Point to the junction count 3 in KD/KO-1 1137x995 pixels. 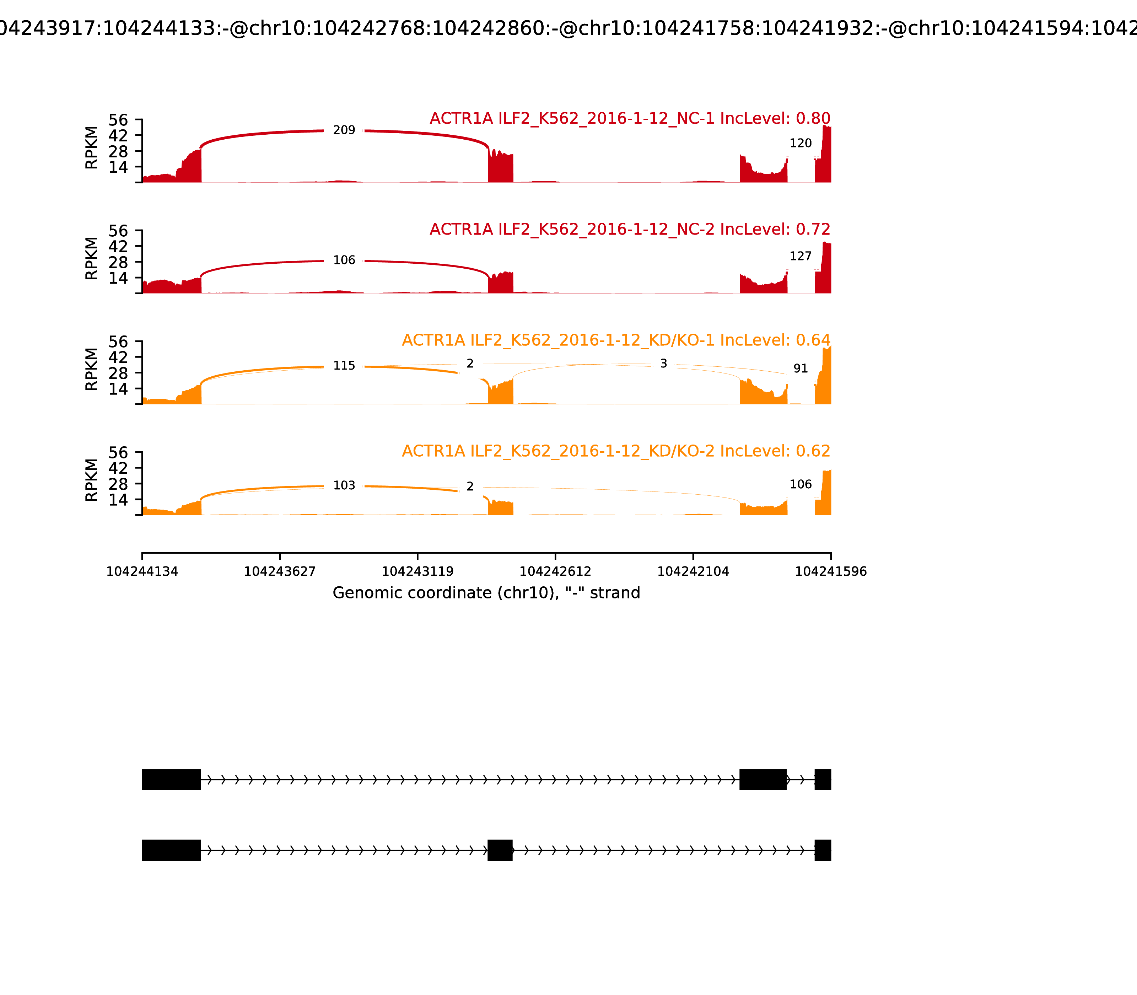click(663, 364)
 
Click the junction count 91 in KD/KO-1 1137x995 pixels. click(801, 369)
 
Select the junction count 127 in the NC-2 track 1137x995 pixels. click(801, 257)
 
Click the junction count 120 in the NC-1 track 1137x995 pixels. click(801, 143)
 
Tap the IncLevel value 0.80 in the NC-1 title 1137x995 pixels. click(813, 118)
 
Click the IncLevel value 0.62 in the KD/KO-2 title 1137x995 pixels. click(813, 451)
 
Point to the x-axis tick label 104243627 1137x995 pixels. click(280, 572)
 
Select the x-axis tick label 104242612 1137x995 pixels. click(555, 572)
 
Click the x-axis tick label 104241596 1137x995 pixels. click(831, 572)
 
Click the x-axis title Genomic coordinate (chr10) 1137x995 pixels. click(486, 593)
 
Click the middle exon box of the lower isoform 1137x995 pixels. click(500, 850)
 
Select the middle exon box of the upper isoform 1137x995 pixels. click(763, 780)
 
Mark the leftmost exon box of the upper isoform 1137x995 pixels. click(171, 780)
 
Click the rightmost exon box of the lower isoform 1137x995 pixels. click(823, 850)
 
